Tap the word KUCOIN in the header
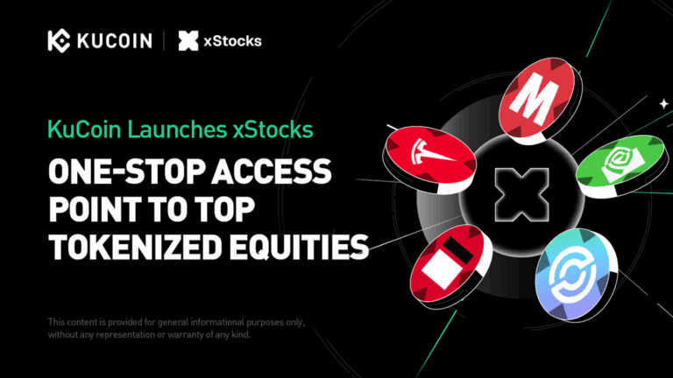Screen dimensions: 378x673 tap(112, 40)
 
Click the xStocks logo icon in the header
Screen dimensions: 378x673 tap(188, 40)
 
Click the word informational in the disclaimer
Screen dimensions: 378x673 tap(202, 321)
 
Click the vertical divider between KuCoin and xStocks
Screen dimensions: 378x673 tap(164, 40)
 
